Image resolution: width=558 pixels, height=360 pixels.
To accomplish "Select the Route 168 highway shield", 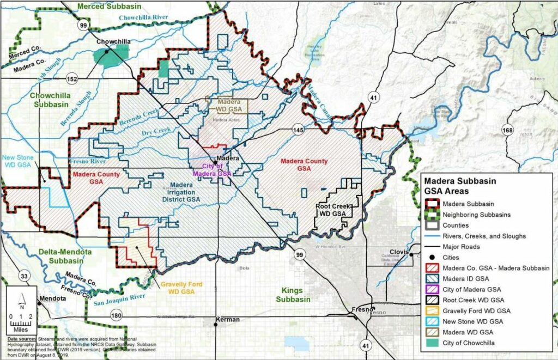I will (x=507, y=130).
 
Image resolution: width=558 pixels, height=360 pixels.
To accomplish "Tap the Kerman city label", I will (x=227, y=319).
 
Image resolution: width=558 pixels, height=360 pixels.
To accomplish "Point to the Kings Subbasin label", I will (x=292, y=295).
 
